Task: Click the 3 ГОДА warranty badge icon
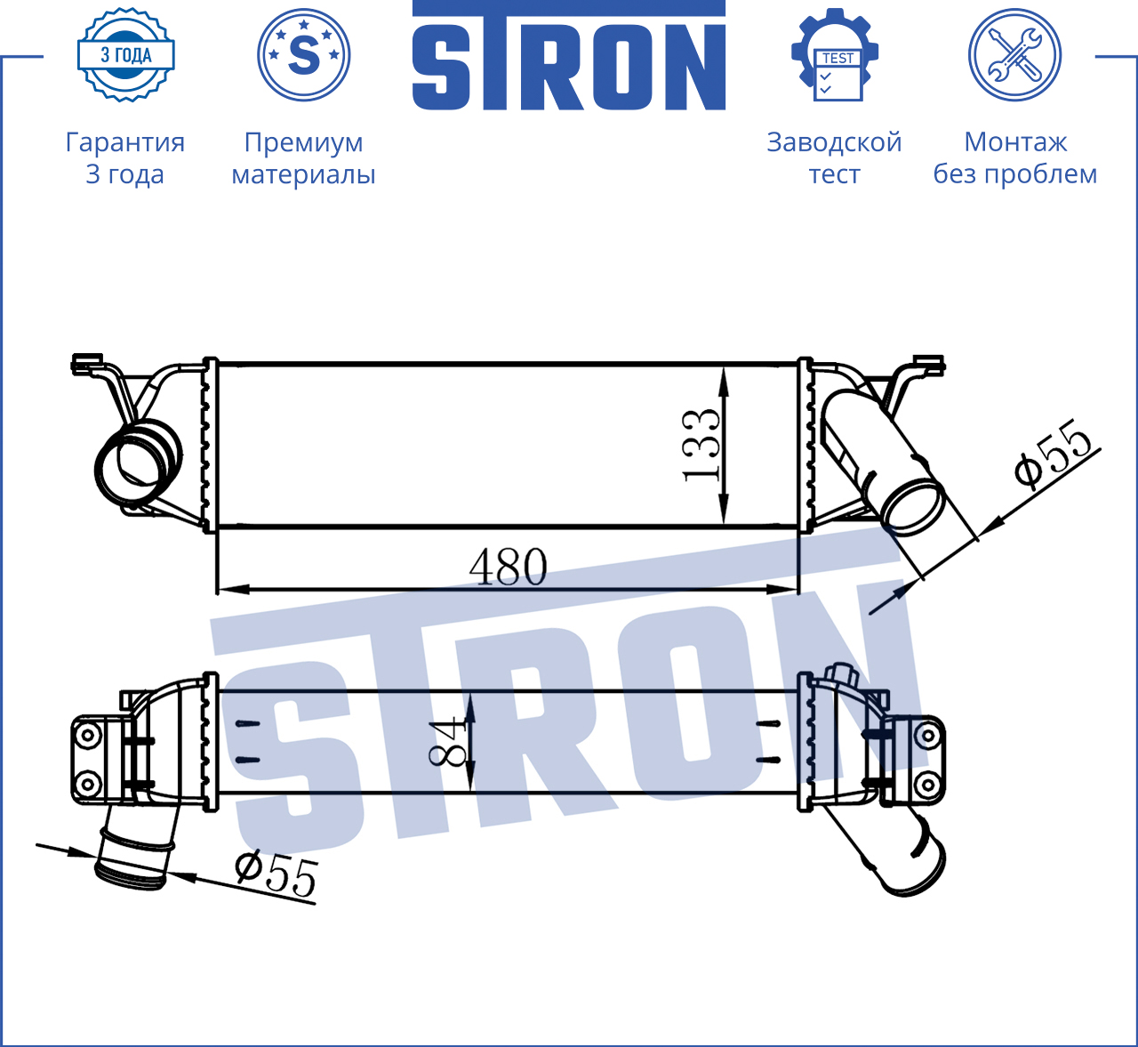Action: pyautogui.click(x=126, y=55)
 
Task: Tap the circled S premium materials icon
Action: pyautogui.click(x=303, y=55)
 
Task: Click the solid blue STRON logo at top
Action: pyautogui.click(x=568, y=55)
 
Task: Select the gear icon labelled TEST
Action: pyautogui.click(x=835, y=55)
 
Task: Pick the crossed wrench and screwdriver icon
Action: pyautogui.click(x=1015, y=55)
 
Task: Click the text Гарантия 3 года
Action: pyautogui.click(x=124, y=157)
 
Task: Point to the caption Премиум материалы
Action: pyautogui.click(x=303, y=157)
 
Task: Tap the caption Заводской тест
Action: pyautogui.click(x=834, y=157)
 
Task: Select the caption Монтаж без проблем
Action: pyautogui.click(x=1015, y=157)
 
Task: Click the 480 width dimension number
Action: pyautogui.click(x=508, y=567)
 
